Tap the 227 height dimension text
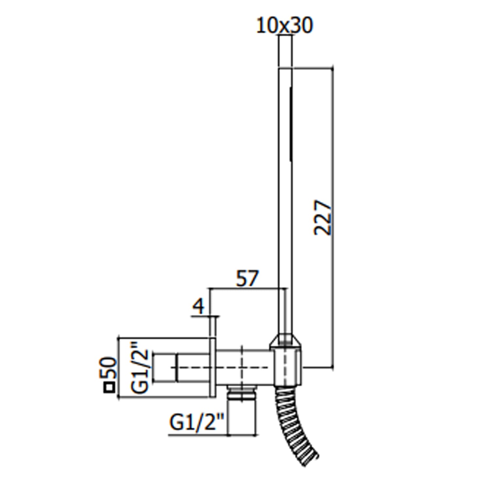323,218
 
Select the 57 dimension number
247,278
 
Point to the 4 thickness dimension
198,306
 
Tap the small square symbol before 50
109,388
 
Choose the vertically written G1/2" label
139,367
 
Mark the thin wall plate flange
213,368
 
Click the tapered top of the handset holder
286,341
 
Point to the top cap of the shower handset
285,52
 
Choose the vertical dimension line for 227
333,219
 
